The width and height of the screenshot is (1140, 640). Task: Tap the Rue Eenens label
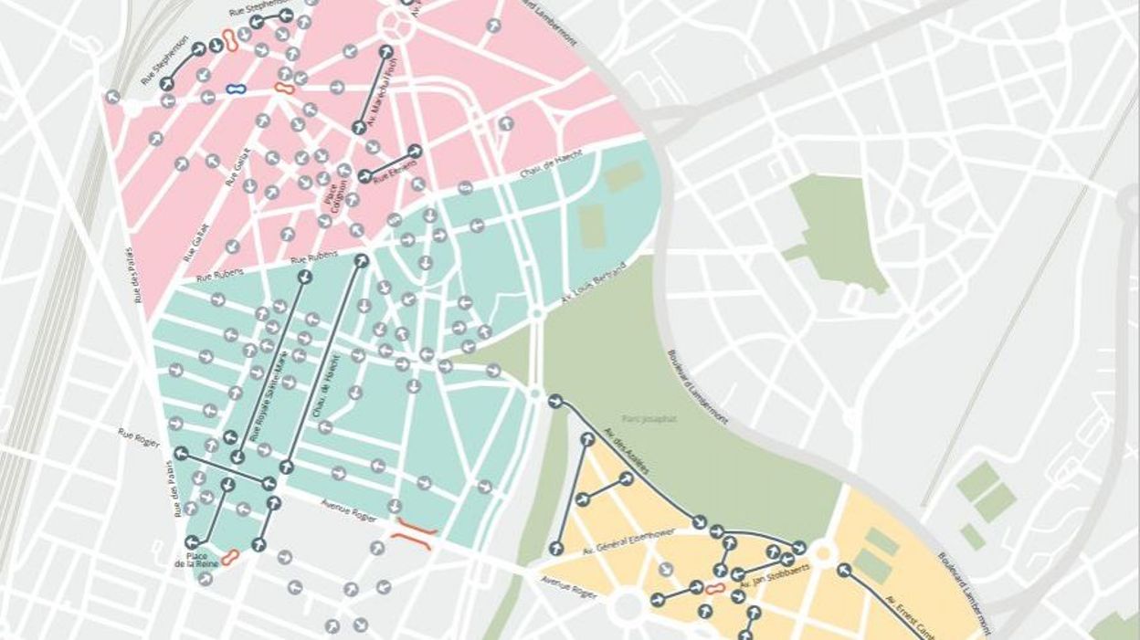396,170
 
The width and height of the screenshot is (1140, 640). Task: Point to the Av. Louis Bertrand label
594,285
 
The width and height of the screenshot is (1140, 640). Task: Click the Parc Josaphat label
649,418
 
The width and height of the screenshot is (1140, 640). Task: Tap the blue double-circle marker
236,89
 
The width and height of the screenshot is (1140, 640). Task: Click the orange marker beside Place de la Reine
230,556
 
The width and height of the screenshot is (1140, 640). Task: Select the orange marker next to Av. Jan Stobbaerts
715,589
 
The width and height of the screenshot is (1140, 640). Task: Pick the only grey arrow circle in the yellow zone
667,569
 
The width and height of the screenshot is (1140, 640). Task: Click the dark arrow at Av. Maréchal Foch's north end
386,52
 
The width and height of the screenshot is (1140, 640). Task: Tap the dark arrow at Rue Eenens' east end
415,151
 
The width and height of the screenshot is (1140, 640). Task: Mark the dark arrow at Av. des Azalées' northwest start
555,401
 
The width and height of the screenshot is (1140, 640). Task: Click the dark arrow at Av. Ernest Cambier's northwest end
844,571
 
